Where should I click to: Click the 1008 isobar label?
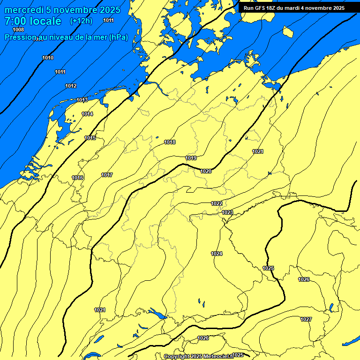(x=18, y=30)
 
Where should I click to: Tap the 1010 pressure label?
(x=48, y=58)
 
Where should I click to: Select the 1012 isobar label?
(x=71, y=86)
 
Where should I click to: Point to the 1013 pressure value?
(x=82, y=100)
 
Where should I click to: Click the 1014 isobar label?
(x=87, y=114)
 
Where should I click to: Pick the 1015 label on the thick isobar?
(x=90, y=138)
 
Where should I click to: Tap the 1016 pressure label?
(x=78, y=178)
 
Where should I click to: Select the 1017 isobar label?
(x=107, y=175)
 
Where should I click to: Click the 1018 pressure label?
(x=170, y=142)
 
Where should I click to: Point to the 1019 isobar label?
(x=191, y=158)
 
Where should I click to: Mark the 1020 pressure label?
(x=206, y=171)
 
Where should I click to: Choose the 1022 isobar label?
(x=217, y=203)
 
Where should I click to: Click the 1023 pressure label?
(x=227, y=212)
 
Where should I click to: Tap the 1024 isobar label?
(x=217, y=254)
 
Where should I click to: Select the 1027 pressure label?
(x=306, y=319)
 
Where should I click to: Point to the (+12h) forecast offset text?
(x=81, y=21)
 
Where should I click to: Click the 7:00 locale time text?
(x=33, y=21)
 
